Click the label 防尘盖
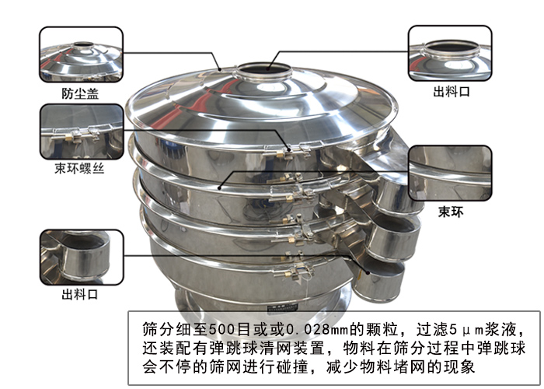80,93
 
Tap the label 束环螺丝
79,169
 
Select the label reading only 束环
451,212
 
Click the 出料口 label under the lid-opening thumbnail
452,92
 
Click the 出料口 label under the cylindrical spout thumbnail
80,295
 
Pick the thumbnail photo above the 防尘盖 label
81,54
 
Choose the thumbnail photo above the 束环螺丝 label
82,131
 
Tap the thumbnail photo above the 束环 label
450,173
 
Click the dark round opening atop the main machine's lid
264,68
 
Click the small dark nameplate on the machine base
277,307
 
